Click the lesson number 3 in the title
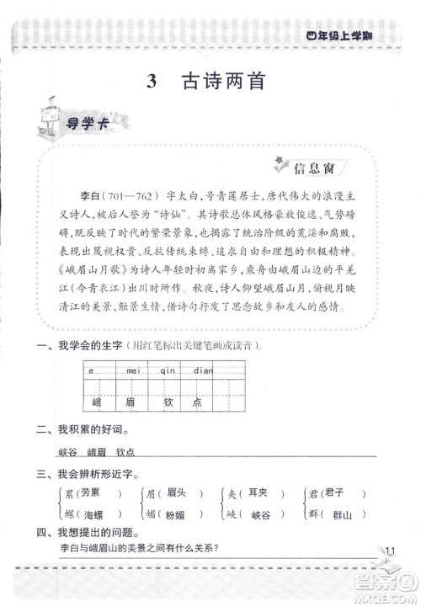point(152,83)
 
